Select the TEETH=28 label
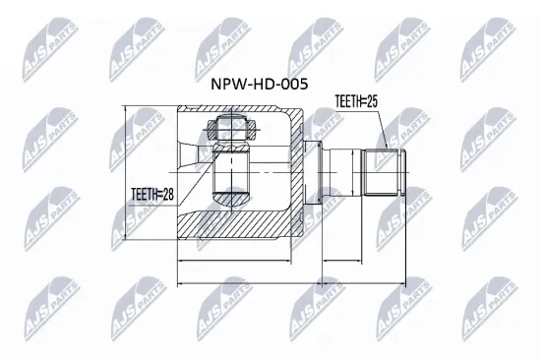coord(152,195)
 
